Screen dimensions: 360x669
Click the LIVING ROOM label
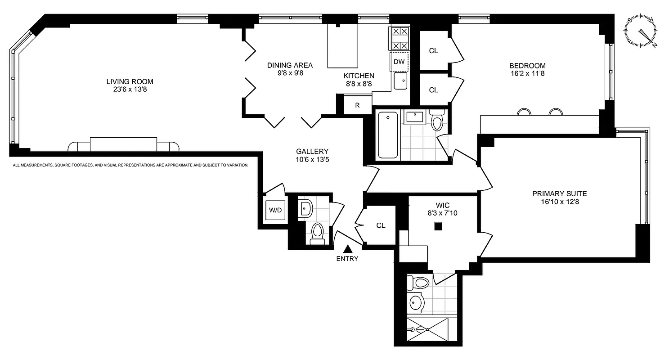click(130, 81)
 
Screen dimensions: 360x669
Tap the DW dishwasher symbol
click(399, 62)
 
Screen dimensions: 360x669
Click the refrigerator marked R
click(357, 105)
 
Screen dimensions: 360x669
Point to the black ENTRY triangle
click(347, 248)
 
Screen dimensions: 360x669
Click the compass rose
click(640, 31)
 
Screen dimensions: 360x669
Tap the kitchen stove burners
click(400, 38)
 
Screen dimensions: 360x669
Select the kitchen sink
click(400, 81)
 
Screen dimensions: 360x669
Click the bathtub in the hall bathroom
click(387, 135)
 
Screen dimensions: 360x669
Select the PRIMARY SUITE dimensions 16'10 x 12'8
click(559, 202)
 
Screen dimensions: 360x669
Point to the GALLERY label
click(312, 152)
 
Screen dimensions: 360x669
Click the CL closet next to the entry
click(381, 225)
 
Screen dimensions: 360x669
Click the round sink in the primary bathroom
click(416, 303)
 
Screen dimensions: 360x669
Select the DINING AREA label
click(290, 65)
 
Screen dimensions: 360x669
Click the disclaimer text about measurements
click(130, 165)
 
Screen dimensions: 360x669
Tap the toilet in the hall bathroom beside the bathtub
click(436, 120)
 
